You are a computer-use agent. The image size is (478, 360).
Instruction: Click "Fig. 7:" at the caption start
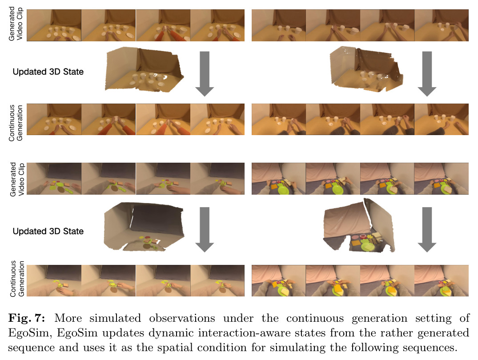[27, 318]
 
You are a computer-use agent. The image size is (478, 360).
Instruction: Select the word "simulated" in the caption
[115, 318]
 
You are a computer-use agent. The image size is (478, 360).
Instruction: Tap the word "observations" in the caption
[182, 318]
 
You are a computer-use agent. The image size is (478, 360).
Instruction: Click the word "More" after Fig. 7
[68, 318]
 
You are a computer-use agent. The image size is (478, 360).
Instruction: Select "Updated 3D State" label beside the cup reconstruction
[48, 72]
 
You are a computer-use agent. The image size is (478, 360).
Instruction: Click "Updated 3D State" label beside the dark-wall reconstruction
[48, 232]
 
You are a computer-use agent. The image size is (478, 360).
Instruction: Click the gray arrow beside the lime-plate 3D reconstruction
[427, 229]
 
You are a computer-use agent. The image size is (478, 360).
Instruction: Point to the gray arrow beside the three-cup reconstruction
[427, 74]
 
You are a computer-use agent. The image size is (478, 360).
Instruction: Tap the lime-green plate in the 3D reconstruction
[369, 245]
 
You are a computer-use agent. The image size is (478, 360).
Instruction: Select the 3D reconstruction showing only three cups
[366, 69]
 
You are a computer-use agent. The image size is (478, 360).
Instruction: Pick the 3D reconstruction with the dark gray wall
[144, 227]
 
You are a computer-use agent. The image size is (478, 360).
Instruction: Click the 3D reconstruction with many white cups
[144, 69]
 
